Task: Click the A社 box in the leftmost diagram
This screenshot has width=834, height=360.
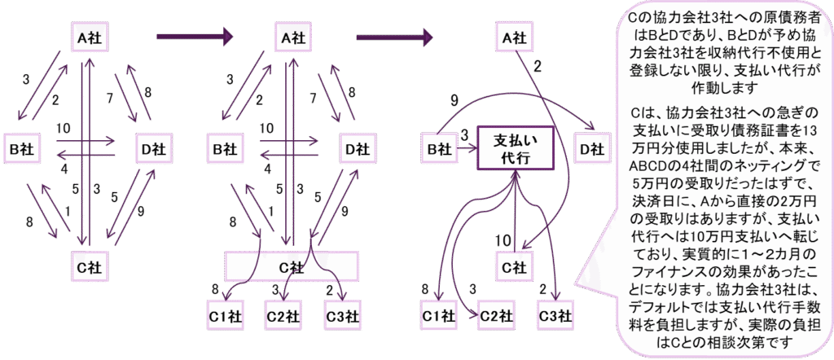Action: point(88,37)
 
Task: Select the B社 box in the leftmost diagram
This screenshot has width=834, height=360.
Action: point(21,149)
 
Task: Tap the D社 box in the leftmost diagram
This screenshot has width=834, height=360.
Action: point(152,149)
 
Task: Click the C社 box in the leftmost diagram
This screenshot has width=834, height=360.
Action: point(88,266)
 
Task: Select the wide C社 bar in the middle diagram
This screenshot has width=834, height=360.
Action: point(291,266)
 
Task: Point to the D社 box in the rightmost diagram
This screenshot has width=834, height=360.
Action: point(592,149)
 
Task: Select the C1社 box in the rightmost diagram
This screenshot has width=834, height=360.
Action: point(438,314)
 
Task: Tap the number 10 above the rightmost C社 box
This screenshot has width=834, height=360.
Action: point(503,239)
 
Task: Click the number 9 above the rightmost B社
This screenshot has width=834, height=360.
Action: point(454,100)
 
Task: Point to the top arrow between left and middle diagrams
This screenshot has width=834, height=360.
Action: point(195,37)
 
